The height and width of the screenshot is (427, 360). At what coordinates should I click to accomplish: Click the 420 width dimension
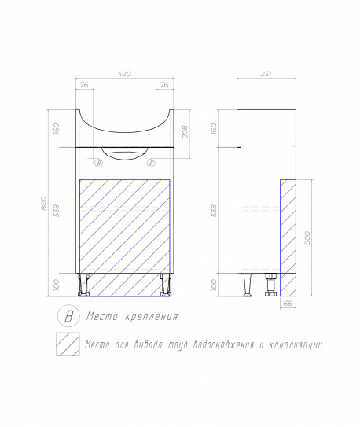pyautogui.click(x=124, y=74)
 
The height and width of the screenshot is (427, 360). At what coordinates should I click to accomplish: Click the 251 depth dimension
pyautogui.click(x=266, y=74)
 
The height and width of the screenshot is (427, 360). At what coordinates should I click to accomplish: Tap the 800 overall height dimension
pyautogui.click(x=43, y=203)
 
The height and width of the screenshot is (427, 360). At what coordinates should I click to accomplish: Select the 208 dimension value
pyautogui.click(x=186, y=131)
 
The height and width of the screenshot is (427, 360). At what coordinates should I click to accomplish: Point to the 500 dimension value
pyautogui.click(x=307, y=237)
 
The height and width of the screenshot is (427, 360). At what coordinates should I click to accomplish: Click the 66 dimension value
pyautogui.click(x=288, y=303)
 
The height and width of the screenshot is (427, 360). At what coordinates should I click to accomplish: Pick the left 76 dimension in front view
pyautogui.click(x=84, y=85)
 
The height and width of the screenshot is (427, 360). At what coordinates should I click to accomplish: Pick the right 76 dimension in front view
pyautogui.click(x=164, y=85)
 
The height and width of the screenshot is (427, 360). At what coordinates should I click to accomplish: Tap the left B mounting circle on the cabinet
pyautogui.click(x=99, y=164)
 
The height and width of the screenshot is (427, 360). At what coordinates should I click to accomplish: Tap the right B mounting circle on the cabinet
pyautogui.click(x=151, y=163)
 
